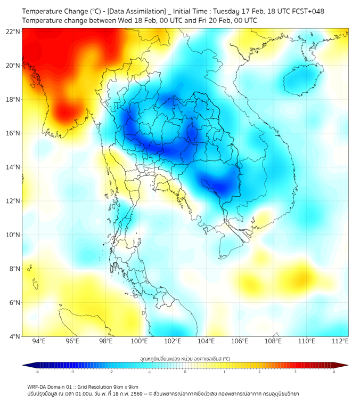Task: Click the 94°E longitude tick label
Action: click(39, 341)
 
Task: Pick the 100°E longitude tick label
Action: click(139, 341)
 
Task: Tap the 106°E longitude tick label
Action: click(240, 341)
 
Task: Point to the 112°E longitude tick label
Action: click(340, 341)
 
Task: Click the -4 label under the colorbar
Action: click(37, 372)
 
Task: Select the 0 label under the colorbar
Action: click(185, 372)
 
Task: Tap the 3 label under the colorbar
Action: click(297, 372)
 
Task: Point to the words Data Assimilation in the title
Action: click(134, 11)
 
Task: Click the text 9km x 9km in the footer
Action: click(124, 387)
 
